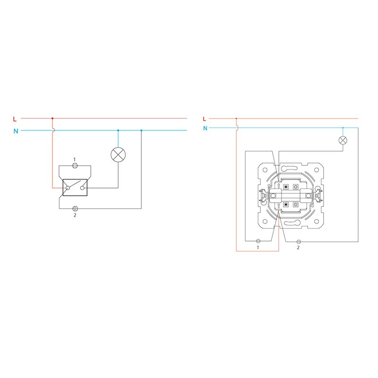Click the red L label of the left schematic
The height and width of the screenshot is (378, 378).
[15, 119]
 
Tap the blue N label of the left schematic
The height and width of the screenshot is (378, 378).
[16, 131]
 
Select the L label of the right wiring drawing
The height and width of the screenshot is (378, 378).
[205, 119]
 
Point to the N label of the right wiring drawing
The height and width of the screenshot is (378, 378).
[205, 128]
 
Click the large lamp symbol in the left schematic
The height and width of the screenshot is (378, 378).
[118, 155]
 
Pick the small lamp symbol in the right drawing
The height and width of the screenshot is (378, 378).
[343, 140]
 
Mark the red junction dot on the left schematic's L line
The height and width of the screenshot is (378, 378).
[52, 119]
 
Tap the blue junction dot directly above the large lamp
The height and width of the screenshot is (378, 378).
[118, 130]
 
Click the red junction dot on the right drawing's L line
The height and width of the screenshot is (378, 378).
[236, 119]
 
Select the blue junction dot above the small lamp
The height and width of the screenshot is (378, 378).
[343, 128]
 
